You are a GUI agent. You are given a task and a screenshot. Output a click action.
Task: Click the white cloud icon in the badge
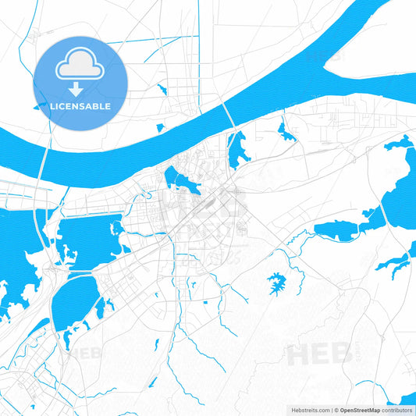point(80,67)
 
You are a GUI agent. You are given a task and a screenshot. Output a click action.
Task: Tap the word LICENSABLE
point(80,105)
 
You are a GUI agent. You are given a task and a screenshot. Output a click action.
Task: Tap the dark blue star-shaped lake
point(276,282)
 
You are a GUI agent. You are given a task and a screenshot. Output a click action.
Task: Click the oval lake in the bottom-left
point(76,301)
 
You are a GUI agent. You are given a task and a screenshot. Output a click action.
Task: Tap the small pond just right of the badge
point(161,89)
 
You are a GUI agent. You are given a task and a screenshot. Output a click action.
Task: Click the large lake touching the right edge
point(399,187)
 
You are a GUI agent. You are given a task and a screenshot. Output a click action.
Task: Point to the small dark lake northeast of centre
point(286,136)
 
